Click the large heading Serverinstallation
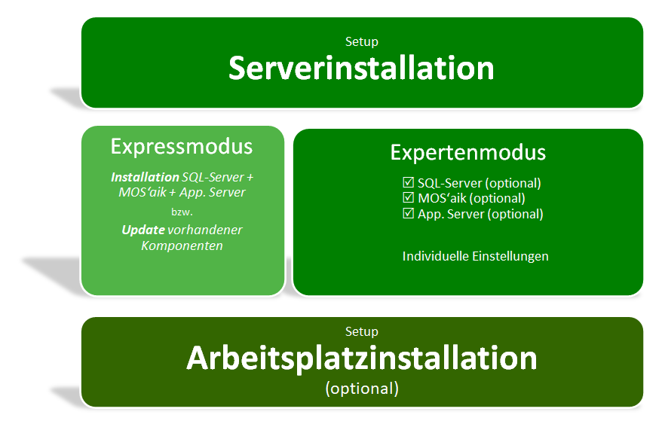click(x=361, y=69)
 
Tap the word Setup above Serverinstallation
click(x=361, y=41)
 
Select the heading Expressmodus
click(x=182, y=147)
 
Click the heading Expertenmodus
click(x=467, y=153)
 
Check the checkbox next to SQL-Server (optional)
click(x=408, y=182)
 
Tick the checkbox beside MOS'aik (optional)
click(x=408, y=197)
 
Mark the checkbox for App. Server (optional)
click(x=408, y=213)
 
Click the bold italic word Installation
click(x=145, y=177)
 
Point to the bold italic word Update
click(x=143, y=230)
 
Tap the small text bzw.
click(x=182, y=212)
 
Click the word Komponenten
click(x=182, y=245)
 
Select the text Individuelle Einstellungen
click(x=476, y=256)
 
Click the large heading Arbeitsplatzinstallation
click(x=361, y=358)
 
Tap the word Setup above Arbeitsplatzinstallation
click(x=361, y=332)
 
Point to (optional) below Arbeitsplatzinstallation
click(x=362, y=389)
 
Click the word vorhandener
click(x=205, y=230)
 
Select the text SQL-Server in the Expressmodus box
click(x=213, y=178)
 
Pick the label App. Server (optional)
click(x=480, y=214)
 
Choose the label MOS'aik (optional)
click(x=471, y=198)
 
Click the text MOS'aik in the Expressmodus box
click(x=143, y=193)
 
